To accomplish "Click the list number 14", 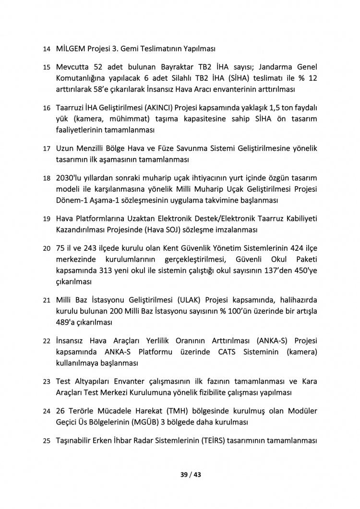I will pos(46,49).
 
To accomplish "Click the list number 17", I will pos(46,149).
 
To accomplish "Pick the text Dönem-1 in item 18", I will pos(72,199).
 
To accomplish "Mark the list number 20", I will pos(46,248).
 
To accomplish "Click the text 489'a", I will pos(65,321).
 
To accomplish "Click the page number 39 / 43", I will pos(190,475).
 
